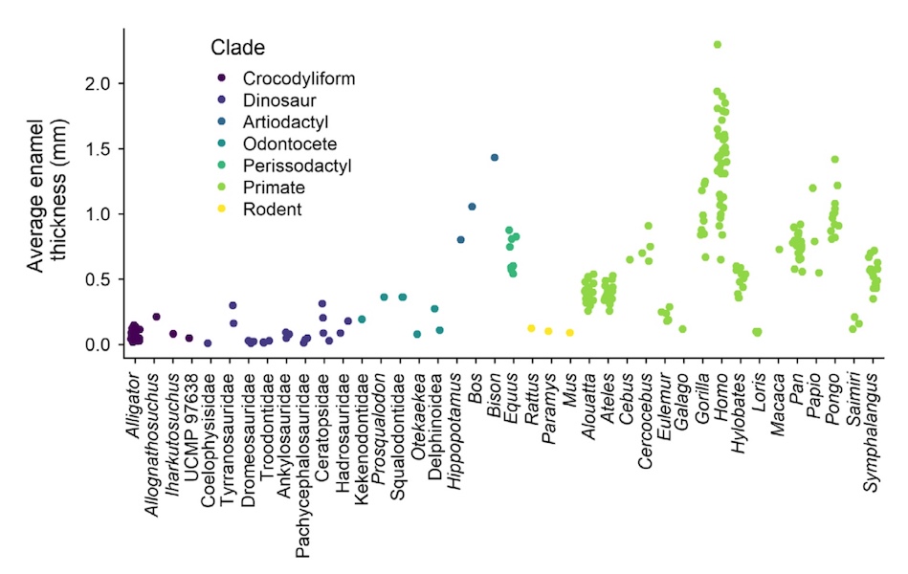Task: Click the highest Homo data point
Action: click(718, 44)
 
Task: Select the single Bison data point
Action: click(495, 158)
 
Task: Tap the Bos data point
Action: click(472, 207)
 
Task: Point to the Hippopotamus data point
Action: click(460, 240)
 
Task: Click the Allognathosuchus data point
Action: click(156, 317)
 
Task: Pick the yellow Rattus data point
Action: click(531, 328)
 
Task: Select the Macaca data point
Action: click(779, 250)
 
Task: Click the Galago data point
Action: click(682, 329)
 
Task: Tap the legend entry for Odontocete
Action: click(289, 143)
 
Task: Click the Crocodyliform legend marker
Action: click(222, 78)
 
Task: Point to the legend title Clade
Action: click(237, 47)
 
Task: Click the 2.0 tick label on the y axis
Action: click(100, 84)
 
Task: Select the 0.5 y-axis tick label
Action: click(100, 279)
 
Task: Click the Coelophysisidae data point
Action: click(208, 342)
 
